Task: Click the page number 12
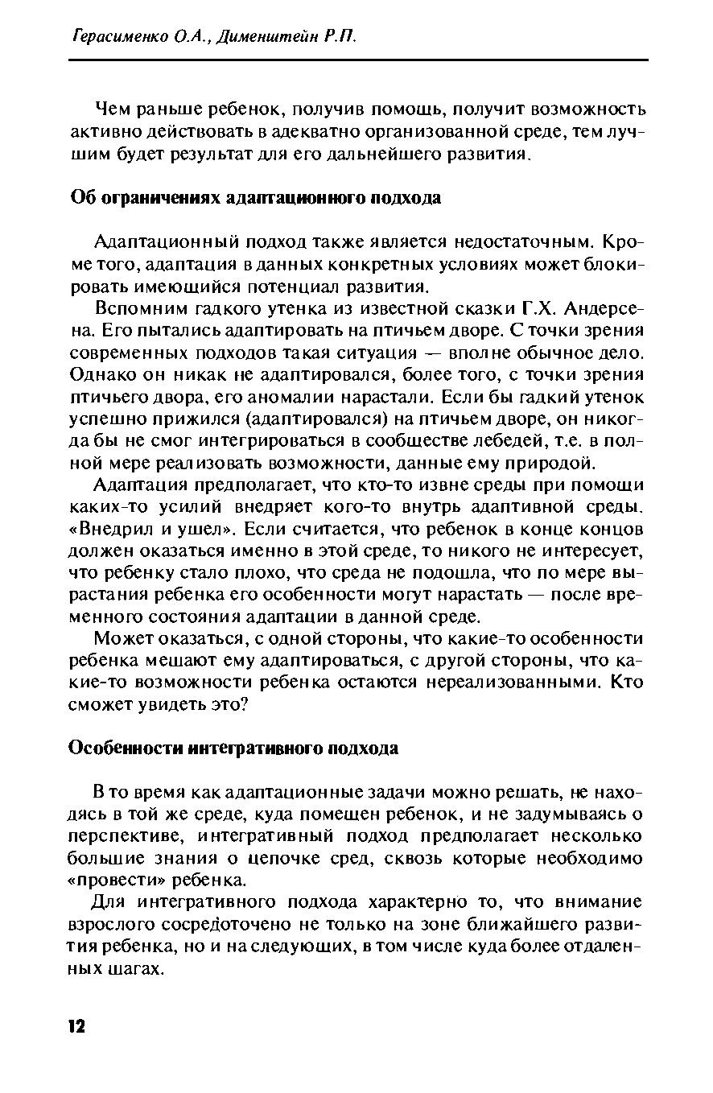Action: click(76, 1026)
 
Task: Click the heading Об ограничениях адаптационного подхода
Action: click(255, 198)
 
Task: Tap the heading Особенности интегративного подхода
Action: click(233, 748)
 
